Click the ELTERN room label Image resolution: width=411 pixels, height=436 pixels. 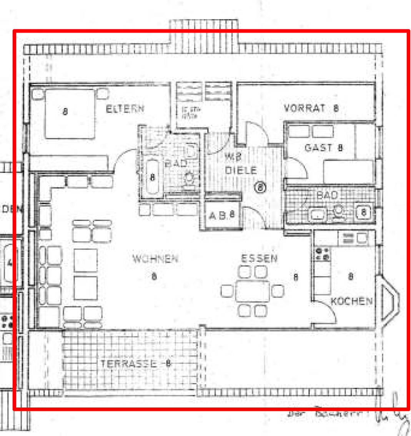tap(125, 109)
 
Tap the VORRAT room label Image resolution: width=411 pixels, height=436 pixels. tap(305, 108)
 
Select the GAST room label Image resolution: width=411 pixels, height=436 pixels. tap(318, 148)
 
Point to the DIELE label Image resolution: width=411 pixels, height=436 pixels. tap(241, 170)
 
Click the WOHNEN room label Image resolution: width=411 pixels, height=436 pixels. tap(155, 259)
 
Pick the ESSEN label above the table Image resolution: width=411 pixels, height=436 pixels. tap(259, 258)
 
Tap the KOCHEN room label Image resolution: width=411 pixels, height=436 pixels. tap(351, 301)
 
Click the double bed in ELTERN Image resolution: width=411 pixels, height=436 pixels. tap(69, 113)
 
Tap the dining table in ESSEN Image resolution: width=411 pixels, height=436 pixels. tap(253, 291)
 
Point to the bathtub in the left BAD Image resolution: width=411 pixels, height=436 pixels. tap(152, 178)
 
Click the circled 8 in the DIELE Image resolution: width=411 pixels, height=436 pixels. tap(260, 187)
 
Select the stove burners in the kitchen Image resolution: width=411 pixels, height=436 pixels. tap(322, 254)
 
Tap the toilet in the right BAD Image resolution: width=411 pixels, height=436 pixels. tap(338, 212)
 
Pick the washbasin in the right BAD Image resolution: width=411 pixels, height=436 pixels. tap(318, 214)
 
